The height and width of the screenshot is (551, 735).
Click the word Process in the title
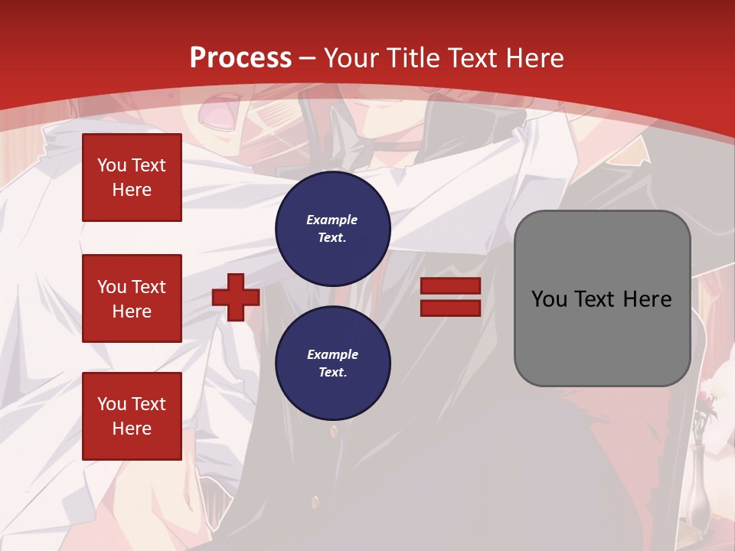240,58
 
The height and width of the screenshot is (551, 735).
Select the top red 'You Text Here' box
132,178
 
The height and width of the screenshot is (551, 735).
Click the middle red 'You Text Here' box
132,298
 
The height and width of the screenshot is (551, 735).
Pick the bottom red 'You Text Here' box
132,416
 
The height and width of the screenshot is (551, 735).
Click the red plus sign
236,297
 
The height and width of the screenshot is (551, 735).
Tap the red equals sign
450,297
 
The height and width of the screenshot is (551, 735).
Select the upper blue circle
333,229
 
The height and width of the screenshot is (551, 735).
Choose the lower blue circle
333,364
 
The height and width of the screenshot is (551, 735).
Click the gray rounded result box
602,298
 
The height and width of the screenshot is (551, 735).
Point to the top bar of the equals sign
450,286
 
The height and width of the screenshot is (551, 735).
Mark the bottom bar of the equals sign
450,308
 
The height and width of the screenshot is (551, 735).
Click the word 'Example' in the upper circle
332,220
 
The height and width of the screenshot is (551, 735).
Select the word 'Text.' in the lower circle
332,372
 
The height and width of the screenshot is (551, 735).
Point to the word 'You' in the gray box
549,299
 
